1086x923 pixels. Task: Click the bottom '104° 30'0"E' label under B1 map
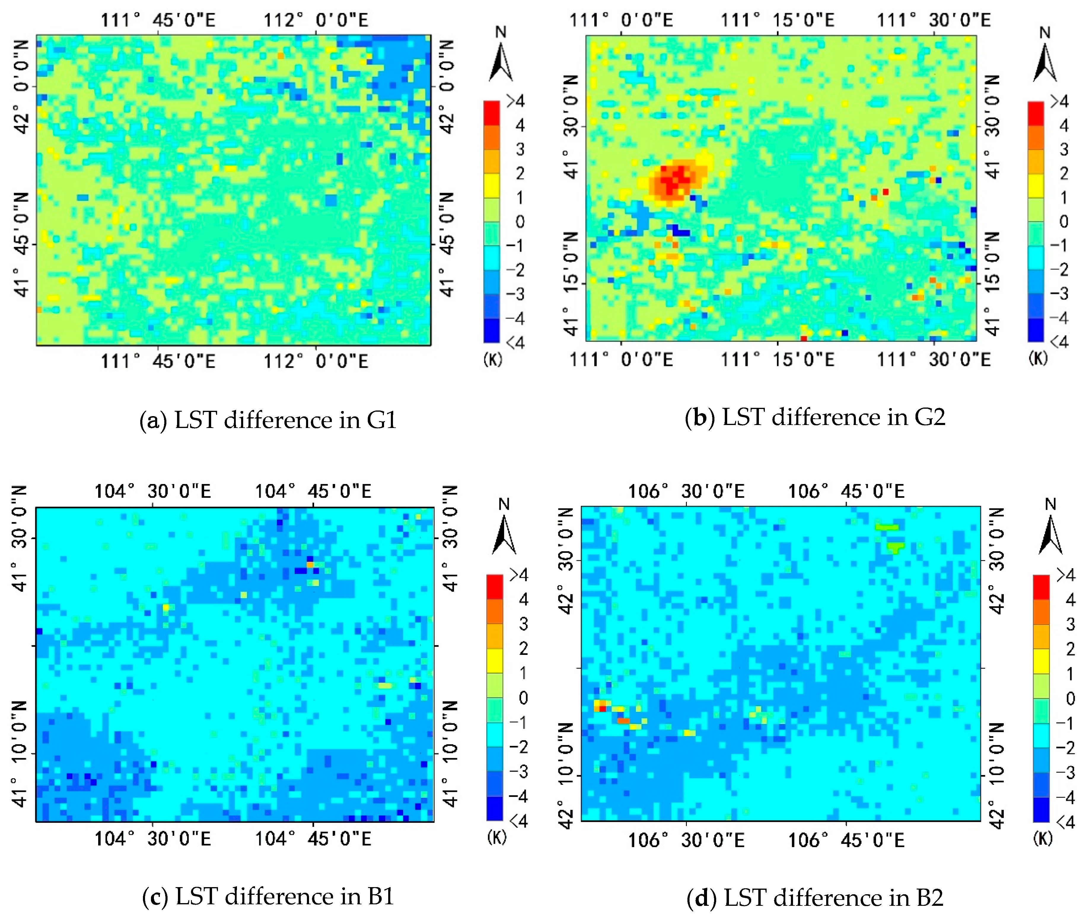click(x=152, y=839)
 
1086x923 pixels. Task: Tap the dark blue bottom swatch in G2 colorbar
click(x=1036, y=330)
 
